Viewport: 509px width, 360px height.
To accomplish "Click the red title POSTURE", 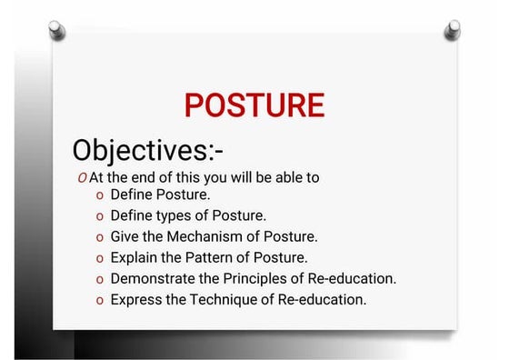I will (254, 105).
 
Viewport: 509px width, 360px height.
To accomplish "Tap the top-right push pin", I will (452, 30).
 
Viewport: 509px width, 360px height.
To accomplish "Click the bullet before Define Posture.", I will (99, 195).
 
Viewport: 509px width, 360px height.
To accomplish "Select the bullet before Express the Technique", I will (99, 300).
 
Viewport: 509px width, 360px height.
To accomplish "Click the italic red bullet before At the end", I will (83, 177).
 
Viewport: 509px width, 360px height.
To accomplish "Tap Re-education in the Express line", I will (326, 299).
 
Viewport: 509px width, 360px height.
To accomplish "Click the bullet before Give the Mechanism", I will (99, 237).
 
